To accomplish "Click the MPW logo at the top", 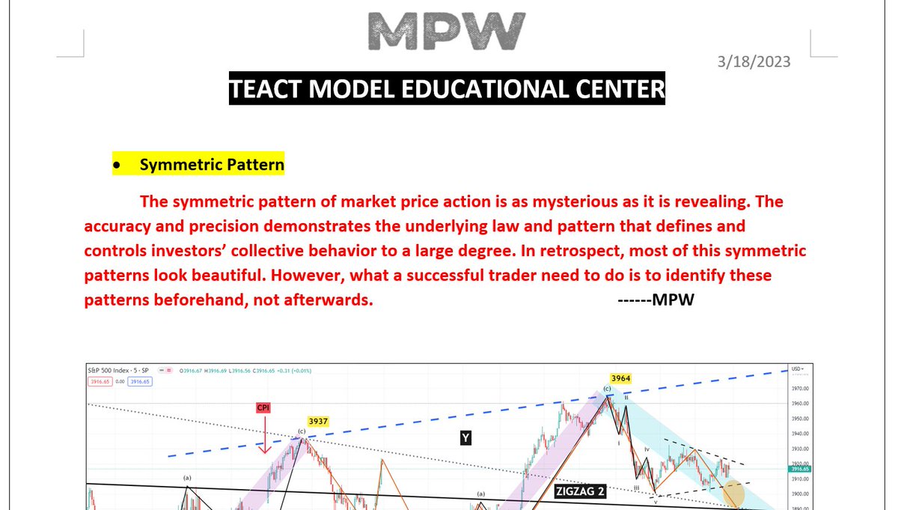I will (x=447, y=31).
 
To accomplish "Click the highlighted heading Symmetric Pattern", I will (x=212, y=164).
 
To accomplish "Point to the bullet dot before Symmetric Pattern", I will (x=117, y=165).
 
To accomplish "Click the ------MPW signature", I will (x=656, y=300).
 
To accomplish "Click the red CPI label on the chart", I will (x=263, y=408).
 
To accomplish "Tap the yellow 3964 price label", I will (x=621, y=378).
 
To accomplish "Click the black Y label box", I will (x=465, y=438).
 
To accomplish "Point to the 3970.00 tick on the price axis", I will (x=801, y=389).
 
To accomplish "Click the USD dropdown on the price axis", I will (x=798, y=369).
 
